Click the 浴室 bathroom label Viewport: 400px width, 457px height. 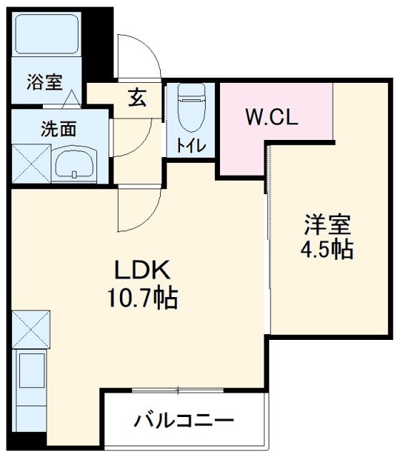click(44, 81)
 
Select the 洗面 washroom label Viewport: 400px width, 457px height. click(58, 130)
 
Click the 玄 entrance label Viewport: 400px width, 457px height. click(137, 98)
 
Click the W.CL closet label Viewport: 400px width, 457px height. click(271, 116)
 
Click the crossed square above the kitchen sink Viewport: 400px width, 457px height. click(31, 328)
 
